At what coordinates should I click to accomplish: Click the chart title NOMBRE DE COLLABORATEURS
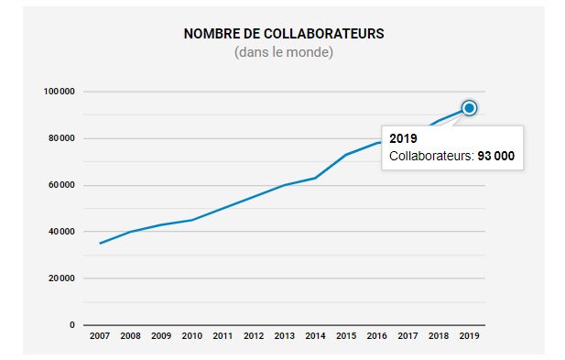pos(284,34)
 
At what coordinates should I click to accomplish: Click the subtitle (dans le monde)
pos(284,52)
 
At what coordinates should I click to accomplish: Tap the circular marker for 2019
pos(470,108)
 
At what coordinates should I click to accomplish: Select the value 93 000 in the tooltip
pos(495,157)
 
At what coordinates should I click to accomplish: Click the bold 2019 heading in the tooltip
pos(403,138)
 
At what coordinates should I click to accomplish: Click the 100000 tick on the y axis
pos(59,92)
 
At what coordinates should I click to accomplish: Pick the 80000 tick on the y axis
pos(60,138)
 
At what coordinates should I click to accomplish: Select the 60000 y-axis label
pos(60,185)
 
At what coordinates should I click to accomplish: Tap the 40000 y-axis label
pos(60,232)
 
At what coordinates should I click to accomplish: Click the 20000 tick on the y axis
pos(60,278)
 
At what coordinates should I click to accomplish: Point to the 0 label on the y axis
pos(71,325)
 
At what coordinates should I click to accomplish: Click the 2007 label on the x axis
pos(100,336)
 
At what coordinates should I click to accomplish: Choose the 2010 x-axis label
pos(192,336)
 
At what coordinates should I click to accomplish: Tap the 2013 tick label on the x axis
pos(285,336)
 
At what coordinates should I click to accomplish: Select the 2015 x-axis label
pos(346,336)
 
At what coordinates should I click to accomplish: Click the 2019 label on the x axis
pos(470,336)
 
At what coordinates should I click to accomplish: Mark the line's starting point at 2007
pos(100,244)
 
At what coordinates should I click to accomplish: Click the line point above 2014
pos(316,178)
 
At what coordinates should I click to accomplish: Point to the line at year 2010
pos(192,220)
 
